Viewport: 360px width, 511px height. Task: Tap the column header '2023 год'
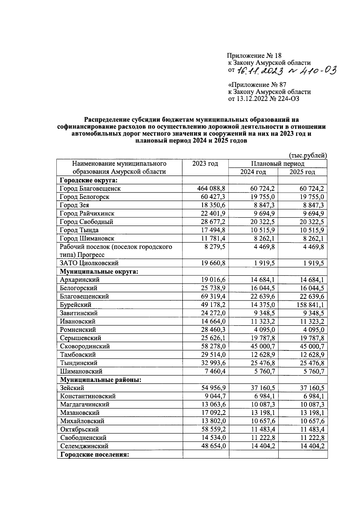[205, 164]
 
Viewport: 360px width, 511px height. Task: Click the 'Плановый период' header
[277, 164]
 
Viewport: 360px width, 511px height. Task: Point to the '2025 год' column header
[302, 172]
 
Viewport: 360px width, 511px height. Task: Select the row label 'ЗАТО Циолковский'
[89, 263]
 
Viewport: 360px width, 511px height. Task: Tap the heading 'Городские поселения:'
[94, 455]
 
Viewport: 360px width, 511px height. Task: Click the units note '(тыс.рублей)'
[307, 155]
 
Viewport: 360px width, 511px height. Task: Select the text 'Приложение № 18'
[254, 56]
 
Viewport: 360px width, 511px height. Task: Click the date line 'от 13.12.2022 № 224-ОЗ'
[264, 99]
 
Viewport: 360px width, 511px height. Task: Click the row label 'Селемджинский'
[84, 446]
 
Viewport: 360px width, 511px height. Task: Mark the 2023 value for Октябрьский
[214, 429]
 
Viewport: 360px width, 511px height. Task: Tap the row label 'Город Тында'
[79, 230]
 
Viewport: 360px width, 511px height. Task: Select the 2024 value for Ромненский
[265, 329]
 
